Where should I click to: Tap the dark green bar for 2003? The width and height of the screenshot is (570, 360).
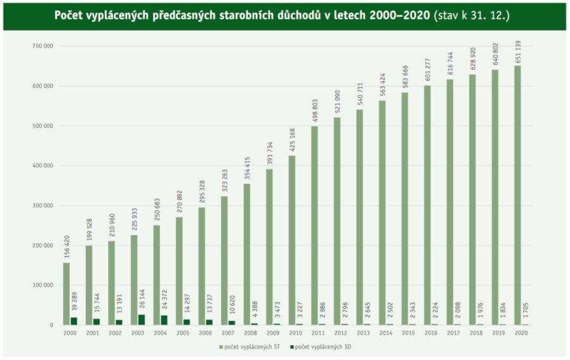click(x=141, y=320)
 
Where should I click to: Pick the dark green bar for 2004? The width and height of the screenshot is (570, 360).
click(x=164, y=320)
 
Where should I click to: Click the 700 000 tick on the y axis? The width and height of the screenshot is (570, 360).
click(x=44, y=46)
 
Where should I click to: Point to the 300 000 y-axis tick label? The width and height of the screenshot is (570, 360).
click(x=44, y=205)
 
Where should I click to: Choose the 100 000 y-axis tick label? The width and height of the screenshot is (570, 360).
click(x=44, y=285)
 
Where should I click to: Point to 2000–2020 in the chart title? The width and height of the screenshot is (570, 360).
click(x=396, y=15)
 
